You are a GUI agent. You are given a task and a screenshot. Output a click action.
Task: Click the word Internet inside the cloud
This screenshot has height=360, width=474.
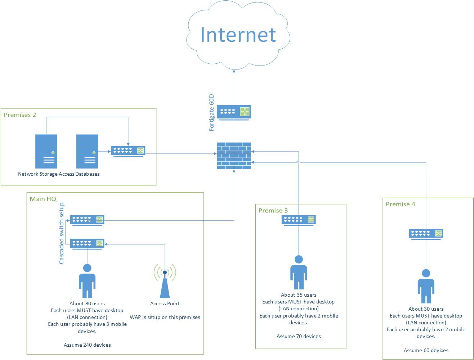tap(238, 35)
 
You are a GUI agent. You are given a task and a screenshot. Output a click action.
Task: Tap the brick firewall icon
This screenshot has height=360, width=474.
tap(234, 156)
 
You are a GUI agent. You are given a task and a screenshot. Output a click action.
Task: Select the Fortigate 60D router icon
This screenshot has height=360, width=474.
tap(234, 112)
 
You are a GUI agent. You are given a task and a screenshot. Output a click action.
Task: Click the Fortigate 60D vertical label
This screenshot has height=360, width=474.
tap(212, 112)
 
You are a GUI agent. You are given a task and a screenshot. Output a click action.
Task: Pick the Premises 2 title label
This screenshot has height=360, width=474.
tap(20, 115)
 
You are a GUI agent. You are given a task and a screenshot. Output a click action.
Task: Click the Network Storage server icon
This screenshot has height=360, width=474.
tap(46, 151)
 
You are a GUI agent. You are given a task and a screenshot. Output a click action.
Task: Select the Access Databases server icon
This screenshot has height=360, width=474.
tap(87, 151)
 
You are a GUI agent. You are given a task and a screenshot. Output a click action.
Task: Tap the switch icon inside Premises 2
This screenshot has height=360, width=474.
tap(128, 151)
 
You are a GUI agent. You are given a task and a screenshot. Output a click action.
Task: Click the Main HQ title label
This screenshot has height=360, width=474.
tap(43, 199)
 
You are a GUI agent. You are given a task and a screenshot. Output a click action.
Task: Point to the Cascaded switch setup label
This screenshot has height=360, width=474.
tap(62, 233)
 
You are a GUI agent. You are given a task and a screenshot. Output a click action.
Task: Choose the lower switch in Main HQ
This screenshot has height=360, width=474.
tap(87, 244)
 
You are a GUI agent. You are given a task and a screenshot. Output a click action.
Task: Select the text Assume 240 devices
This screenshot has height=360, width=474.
tap(87, 345)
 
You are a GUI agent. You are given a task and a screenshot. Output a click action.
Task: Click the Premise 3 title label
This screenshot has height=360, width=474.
tap(273, 211)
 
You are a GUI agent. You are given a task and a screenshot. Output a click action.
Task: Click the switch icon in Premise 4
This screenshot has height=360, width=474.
tap(426, 234)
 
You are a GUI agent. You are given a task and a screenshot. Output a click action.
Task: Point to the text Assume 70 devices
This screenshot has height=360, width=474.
tap(299, 336)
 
